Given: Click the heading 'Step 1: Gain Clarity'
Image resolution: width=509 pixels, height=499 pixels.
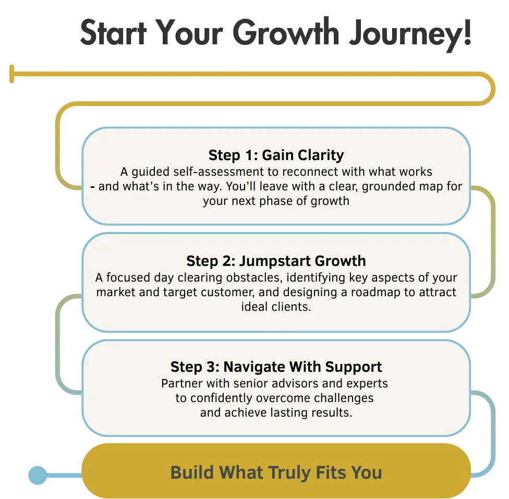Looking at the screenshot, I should coord(276,155).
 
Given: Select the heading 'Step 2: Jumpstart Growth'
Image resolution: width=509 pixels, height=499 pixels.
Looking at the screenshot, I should coord(276,261).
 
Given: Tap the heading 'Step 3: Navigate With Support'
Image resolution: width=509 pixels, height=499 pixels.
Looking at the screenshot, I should coord(276,367).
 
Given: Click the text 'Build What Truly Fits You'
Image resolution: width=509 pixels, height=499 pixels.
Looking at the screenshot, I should coord(276,473).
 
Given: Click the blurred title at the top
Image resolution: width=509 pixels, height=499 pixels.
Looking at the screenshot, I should coord(276,34).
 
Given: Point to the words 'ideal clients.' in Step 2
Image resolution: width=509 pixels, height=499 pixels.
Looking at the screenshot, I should coord(276,307).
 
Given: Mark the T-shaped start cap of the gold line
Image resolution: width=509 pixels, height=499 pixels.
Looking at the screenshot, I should coord(11,73).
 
